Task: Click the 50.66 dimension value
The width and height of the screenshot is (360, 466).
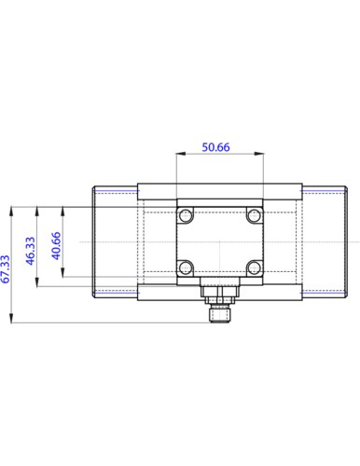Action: click(x=215, y=147)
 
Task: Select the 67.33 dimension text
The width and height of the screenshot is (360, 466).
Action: click(x=6, y=269)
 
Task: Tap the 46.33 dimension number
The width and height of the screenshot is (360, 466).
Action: click(x=30, y=251)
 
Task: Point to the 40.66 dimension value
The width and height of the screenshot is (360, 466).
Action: click(x=56, y=246)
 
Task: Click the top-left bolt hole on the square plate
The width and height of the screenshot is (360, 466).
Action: click(x=186, y=215)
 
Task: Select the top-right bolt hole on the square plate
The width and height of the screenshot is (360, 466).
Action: click(x=255, y=215)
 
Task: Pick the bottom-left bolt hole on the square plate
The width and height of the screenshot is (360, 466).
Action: click(x=186, y=267)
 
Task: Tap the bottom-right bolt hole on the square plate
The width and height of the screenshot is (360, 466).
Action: click(x=255, y=267)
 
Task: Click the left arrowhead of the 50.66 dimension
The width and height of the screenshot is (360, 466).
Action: click(x=180, y=153)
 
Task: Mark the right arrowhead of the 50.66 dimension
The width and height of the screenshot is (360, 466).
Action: click(x=259, y=153)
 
